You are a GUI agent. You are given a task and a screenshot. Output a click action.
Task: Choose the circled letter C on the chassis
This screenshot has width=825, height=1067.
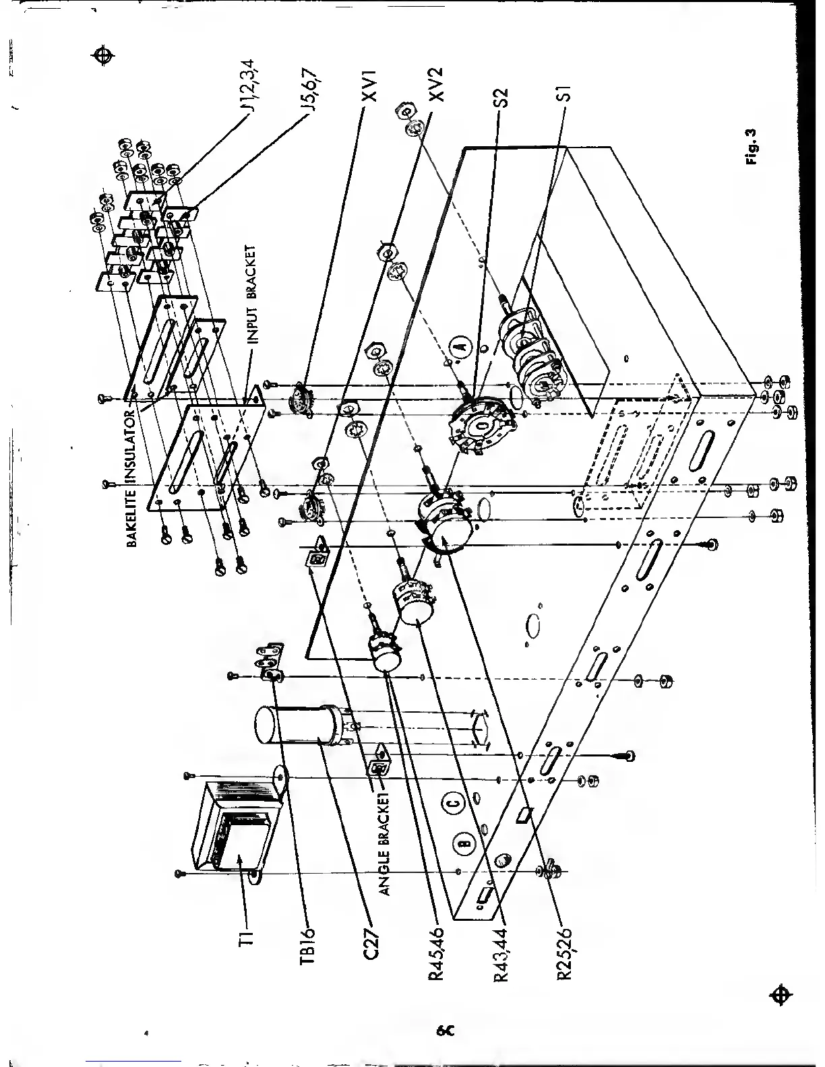click(x=454, y=802)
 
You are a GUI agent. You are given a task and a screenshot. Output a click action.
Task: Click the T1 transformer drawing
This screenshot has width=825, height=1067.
click(x=233, y=825)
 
